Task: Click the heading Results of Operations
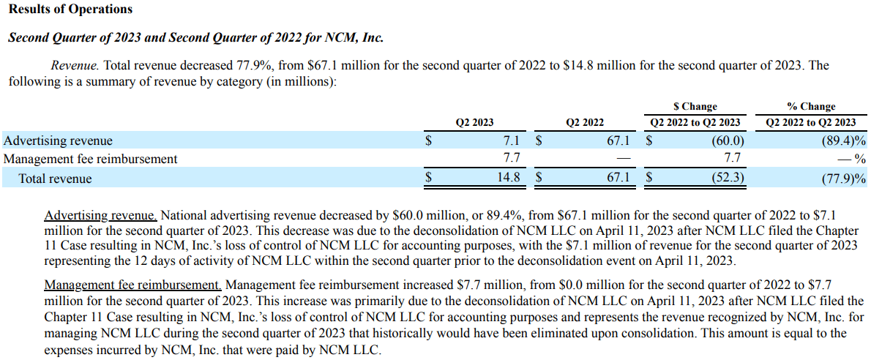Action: pos(70,10)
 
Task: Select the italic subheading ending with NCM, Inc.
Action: pos(195,37)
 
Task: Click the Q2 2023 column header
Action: pos(474,122)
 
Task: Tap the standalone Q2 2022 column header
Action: pos(585,122)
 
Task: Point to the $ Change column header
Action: pos(695,107)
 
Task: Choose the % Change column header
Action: pos(810,107)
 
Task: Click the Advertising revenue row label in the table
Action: pos(59,140)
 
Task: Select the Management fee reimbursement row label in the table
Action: pos(91,158)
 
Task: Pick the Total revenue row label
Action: pos(56,178)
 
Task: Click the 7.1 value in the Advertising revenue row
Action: pos(512,140)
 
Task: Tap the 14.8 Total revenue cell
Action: pos(509,178)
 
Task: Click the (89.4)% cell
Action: pos(843,140)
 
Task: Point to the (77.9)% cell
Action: pos(843,178)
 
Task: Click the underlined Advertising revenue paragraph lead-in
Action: pos(101,216)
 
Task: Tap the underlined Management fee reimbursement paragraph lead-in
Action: pos(132,285)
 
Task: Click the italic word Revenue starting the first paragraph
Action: pos(71,65)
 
